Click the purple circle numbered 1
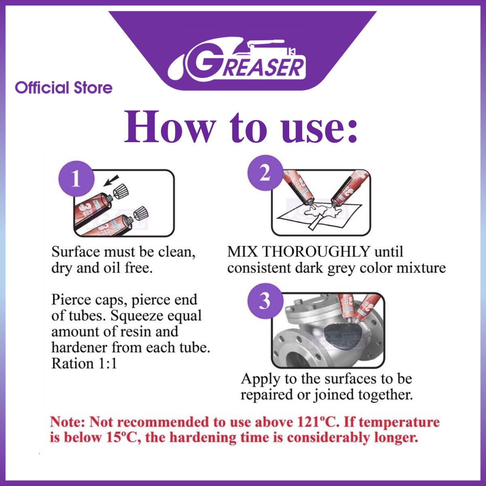77,179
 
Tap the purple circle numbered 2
265,173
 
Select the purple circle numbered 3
265,301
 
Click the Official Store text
64,87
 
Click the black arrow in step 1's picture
111,181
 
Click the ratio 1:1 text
108,364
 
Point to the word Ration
72,364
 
